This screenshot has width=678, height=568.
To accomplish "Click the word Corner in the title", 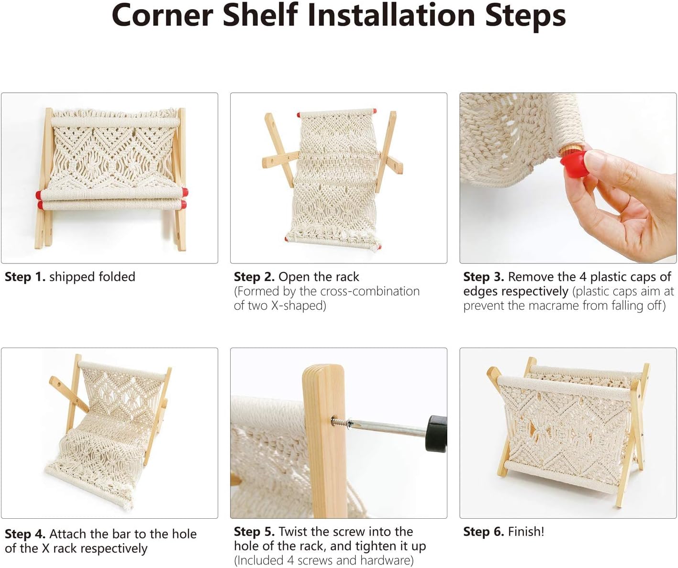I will [x=162, y=15].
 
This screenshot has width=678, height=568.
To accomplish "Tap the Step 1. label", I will [x=25, y=277].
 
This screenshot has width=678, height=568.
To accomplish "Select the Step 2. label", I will [x=254, y=277].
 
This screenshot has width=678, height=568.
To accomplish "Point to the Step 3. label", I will [x=483, y=277].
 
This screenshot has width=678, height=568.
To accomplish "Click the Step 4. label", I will [x=25, y=534].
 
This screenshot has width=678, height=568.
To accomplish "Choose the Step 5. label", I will [x=254, y=532].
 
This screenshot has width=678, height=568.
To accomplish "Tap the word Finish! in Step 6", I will [x=526, y=532].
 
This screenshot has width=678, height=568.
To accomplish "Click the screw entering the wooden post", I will [x=341, y=421].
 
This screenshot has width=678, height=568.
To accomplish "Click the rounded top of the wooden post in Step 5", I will [x=323, y=371].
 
